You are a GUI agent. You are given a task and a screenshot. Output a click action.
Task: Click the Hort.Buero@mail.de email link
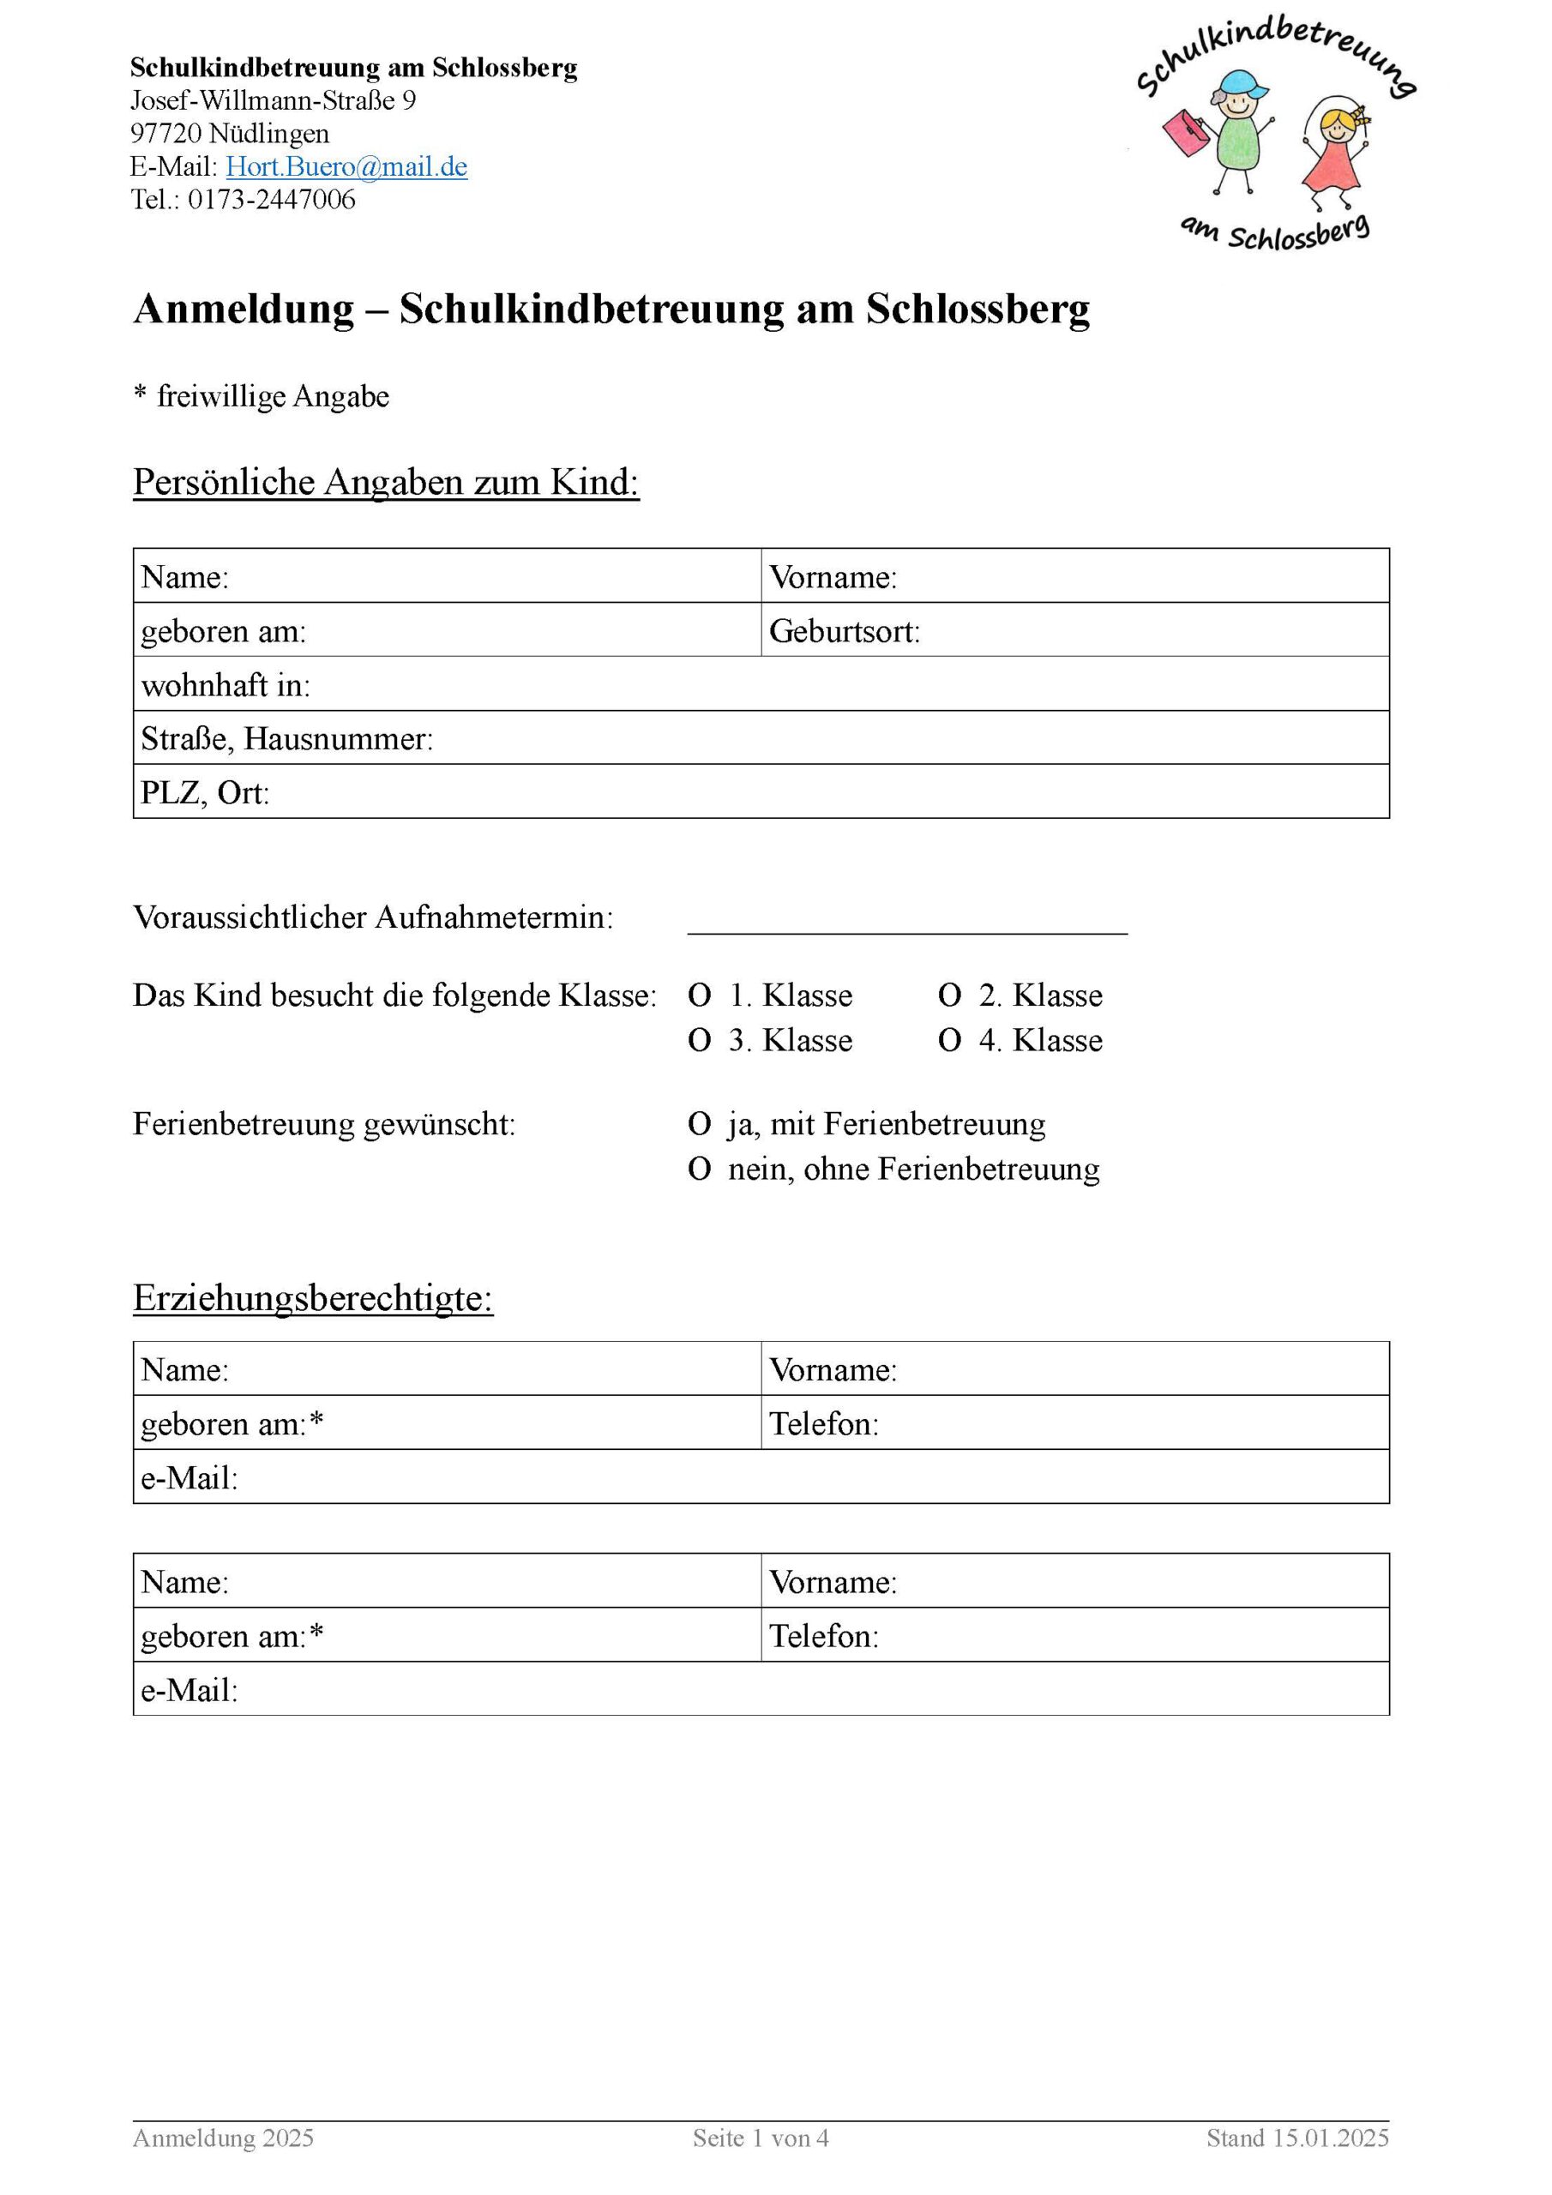[346, 167]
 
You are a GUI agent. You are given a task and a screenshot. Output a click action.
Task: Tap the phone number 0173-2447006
[272, 200]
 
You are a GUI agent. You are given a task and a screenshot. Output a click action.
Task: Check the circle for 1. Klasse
[699, 996]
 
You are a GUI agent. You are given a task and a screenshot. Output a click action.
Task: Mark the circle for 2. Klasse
[948, 996]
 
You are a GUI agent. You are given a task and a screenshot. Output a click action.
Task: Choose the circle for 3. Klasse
[699, 1041]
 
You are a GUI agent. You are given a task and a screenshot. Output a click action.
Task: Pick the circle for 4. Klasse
[948, 1041]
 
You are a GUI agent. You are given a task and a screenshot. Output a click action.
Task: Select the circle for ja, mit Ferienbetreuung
[699, 1124]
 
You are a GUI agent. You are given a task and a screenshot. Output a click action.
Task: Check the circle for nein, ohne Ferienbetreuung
[699, 1170]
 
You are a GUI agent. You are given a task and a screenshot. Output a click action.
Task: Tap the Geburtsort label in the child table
[844, 632]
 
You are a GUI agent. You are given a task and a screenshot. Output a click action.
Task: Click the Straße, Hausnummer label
[287, 739]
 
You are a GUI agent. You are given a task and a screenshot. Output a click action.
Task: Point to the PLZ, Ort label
[205, 793]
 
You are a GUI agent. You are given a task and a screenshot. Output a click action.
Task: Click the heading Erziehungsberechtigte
[313, 1298]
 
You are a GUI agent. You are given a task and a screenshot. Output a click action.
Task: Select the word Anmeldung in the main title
[244, 310]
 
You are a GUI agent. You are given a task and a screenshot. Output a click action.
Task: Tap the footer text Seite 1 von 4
[761, 2138]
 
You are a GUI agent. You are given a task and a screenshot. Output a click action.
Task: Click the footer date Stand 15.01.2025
[1296, 2138]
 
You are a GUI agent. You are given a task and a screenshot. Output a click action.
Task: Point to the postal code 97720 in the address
[165, 134]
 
